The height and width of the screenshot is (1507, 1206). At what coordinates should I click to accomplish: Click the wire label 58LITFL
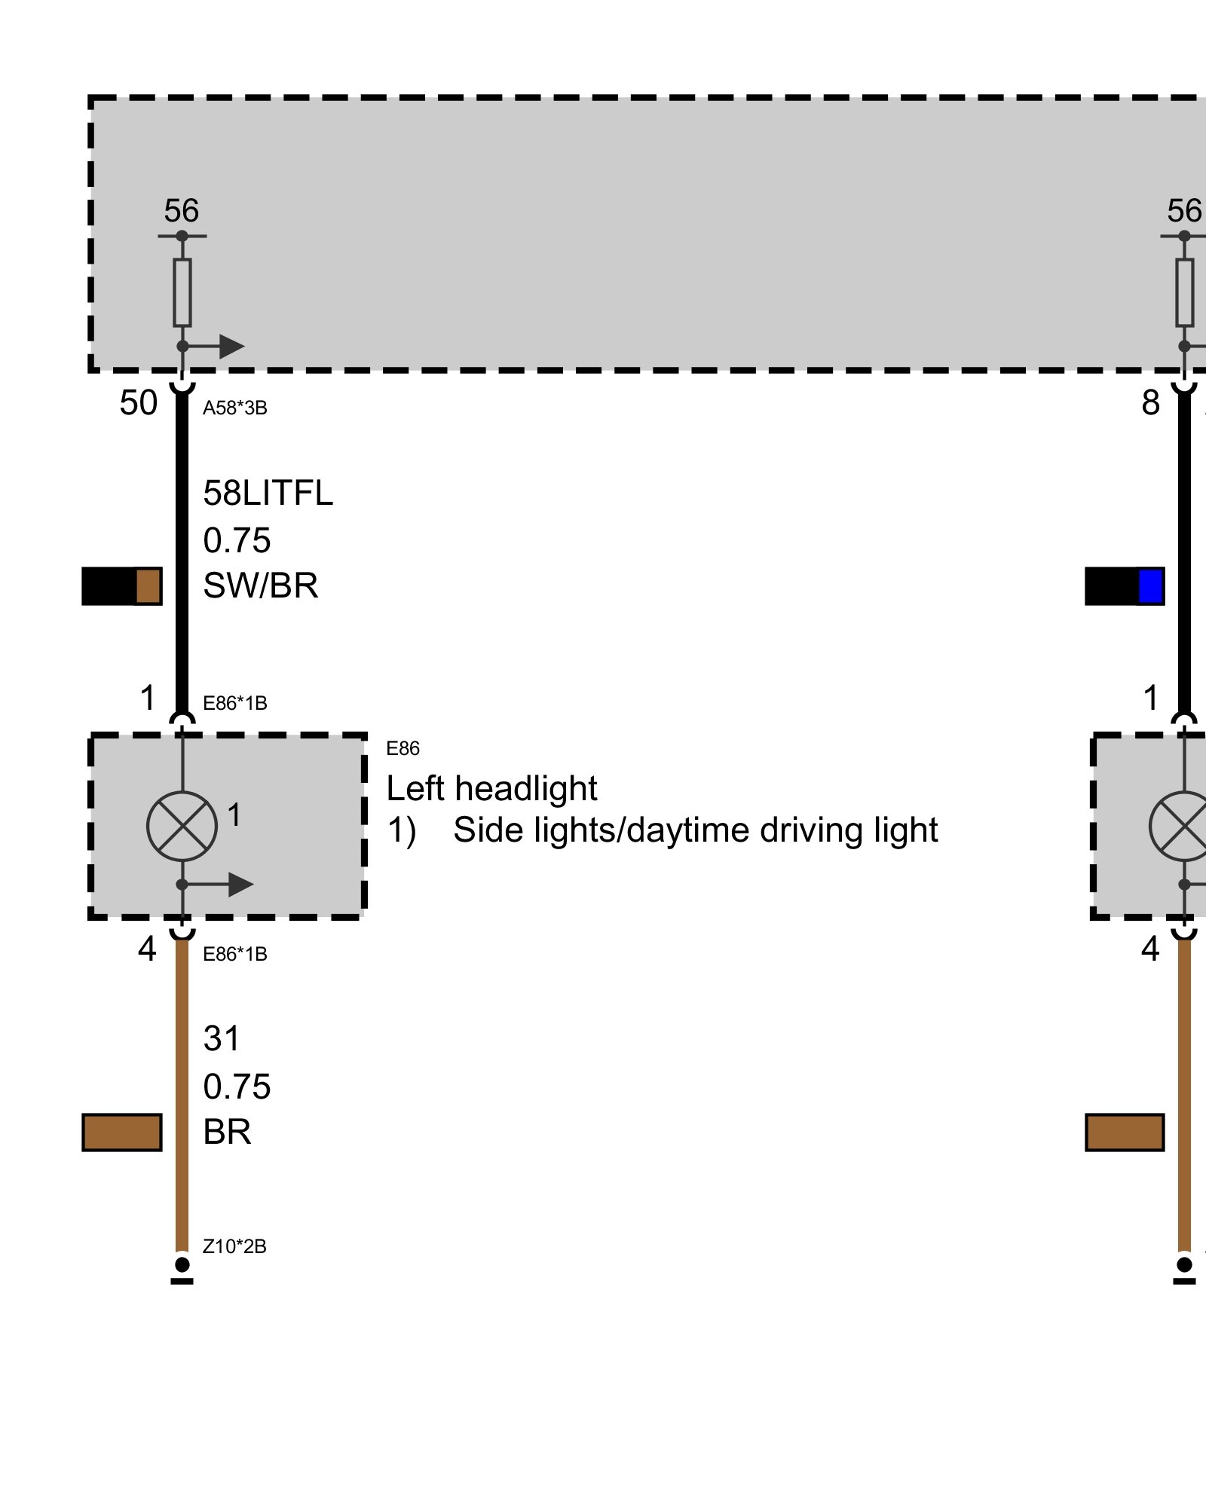pyautogui.click(x=268, y=494)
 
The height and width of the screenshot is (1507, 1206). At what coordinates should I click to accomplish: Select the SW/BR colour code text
pyautogui.click(x=261, y=586)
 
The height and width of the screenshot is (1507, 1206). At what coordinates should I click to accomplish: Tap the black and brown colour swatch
pyautogui.click(x=121, y=586)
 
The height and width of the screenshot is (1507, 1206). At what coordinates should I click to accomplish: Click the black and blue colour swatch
pyautogui.click(x=1124, y=586)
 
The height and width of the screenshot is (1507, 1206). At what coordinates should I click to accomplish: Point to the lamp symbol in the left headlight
pyautogui.click(x=182, y=827)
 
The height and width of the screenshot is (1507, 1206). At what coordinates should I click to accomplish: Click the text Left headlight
pyautogui.click(x=491, y=789)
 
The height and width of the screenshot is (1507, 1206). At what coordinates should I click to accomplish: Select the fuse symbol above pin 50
pyautogui.click(x=182, y=292)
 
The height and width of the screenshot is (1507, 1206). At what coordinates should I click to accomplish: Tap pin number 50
pyautogui.click(x=138, y=404)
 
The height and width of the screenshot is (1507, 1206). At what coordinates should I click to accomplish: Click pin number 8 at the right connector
pyautogui.click(x=1150, y=404)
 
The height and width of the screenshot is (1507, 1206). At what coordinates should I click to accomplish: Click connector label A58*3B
pyautogui.click(x=234, y=408)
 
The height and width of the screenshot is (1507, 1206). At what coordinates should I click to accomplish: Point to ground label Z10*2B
pyautogui.click(x=234, y=1247)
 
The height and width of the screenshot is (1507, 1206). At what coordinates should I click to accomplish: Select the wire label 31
pyautogui.click(x=221, y=1039)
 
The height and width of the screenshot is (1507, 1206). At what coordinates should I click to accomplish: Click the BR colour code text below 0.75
pyautogui.click(x=227, y=1133)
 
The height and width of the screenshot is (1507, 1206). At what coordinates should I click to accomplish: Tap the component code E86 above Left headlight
pyautogui.click(x=403, y=748)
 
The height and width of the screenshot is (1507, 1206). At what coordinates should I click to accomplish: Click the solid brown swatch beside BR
pyautogui.click(x=121, y=1133)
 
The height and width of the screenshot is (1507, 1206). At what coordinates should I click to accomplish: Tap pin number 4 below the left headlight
pyautogui.click(x=147, y=949)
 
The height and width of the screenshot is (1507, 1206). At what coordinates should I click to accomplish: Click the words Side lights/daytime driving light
pyautogui.click(x=695, y=830)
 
